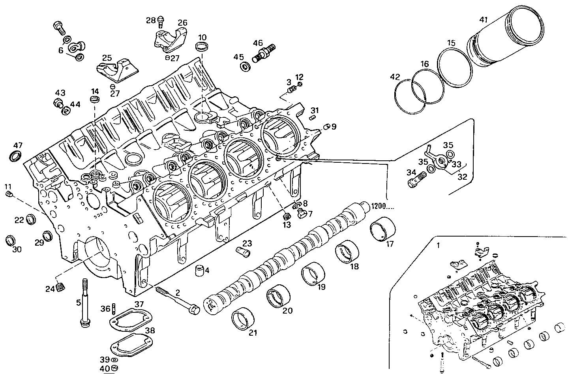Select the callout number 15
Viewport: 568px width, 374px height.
click(x=452, y=43)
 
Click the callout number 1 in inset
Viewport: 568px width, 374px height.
click(x=437, y=245)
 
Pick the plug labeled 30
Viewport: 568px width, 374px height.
click(x=11, y=240)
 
